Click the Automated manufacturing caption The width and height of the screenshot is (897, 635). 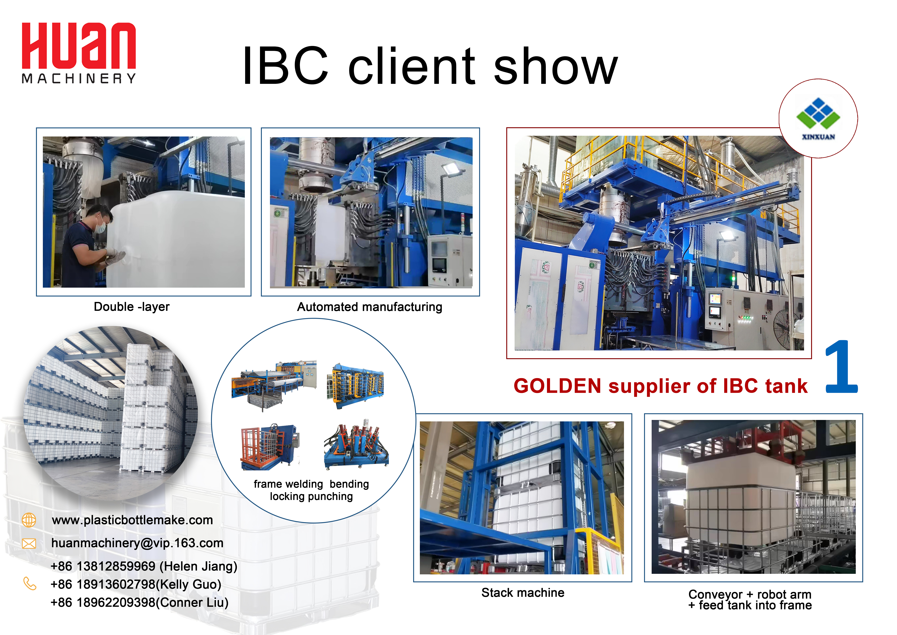pos(370,307)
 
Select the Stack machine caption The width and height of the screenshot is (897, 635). pos(523,593)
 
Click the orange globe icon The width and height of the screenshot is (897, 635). pos(29,520)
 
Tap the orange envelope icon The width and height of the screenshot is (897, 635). pos(29,544)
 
